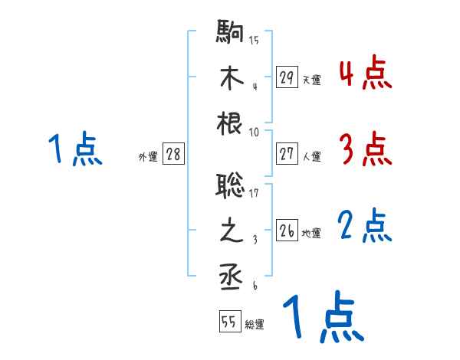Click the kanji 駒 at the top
click(230, 34)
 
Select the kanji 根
click(230, 122)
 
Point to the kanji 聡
click(230, 186)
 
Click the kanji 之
click(230, 231)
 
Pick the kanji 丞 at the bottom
click(230, 277)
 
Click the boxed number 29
click(287, 77)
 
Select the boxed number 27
click(287, 154)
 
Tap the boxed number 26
click(287, 231)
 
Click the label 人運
click(311, 156)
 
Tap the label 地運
click(311, 233)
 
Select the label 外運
click(147, 156)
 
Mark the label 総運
click(255, 324)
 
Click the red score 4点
click(365, 74)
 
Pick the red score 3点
click(365, 149)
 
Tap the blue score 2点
click(365, 227)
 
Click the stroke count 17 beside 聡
click(254, 193)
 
